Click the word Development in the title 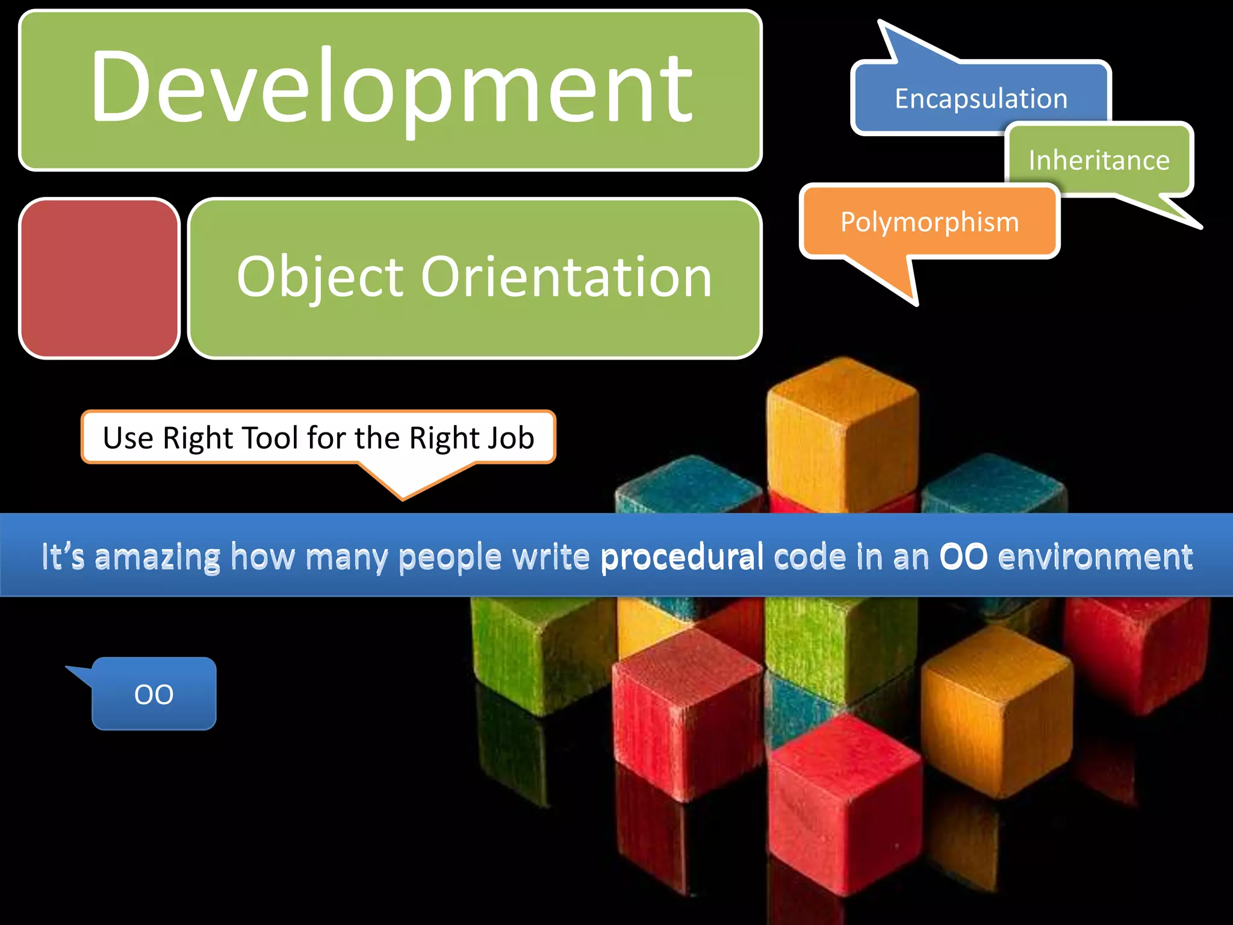pos(391,87)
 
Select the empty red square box pos(99,278)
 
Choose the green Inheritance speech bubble pos(1099,160)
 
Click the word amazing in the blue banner pos(158,556)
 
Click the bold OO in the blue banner pos(963,556)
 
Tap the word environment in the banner pos(1095,556)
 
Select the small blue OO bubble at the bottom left pos(154,694)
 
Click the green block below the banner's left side pos(530,650)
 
